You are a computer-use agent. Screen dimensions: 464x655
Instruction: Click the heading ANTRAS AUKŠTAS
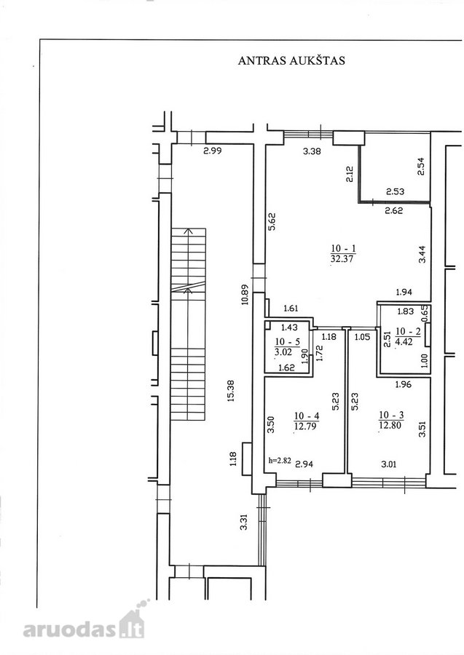click(x=291, y=60)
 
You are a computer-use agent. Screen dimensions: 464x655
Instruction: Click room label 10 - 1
click(x=343, y=249)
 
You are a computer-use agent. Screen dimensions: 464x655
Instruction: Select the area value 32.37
click(x=342, y=258)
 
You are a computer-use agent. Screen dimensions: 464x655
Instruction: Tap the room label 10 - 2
click(x=408, y=331)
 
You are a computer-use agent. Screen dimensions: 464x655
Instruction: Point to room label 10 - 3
click(x=391, y=415)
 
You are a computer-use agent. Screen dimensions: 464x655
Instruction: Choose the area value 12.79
click(x=306, y=426)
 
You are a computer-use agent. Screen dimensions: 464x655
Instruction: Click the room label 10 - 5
click(x=288, y=342)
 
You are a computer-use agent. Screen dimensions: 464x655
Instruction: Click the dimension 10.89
click(x=245, y=295)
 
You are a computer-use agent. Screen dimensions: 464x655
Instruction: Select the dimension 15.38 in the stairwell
click(x=231, y=391)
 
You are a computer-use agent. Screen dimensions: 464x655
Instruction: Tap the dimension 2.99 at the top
click(x=213, y=151)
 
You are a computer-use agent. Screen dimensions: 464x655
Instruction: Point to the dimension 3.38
click(x=312, y=151)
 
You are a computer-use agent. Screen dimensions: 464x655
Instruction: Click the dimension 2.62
click(x=394, y=210)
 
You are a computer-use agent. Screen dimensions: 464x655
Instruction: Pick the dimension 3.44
click(x=422, y=253)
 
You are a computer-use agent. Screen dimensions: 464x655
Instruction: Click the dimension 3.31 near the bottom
click(x=244, y=522)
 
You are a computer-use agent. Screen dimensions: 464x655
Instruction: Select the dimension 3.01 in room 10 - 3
click(x=389, y=464)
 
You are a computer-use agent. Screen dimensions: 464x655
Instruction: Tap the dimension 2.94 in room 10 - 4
click(x=304, y=464)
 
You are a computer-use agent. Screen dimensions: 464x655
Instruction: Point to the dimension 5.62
click(x=271, y=222)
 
